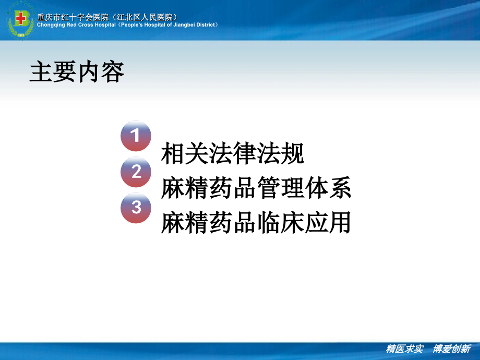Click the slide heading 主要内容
[x=77, y=72]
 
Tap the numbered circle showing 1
[x=136, y=136]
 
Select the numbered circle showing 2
[x=136, y=172]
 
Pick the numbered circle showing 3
[x=136, y=207]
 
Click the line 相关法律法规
[x=233, y=153]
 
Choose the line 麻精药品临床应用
[x=256, y=223]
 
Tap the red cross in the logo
[x=20, y=19]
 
